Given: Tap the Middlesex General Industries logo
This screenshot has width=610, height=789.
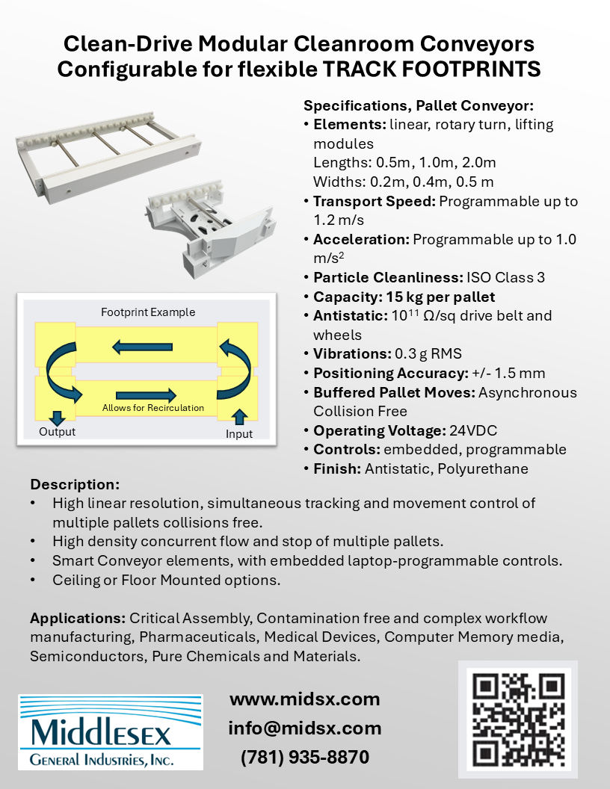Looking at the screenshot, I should (x=110, y=732).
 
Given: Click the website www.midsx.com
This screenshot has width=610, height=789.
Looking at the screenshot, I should (x=304, y=699).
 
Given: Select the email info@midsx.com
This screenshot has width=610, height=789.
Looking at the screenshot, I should (x=304, y=728).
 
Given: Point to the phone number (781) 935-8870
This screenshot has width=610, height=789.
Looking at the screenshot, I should (x=304, y=757).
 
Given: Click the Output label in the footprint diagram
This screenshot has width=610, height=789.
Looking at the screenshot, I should (x=57, y=432).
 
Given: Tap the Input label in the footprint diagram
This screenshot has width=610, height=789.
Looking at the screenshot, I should (x=238, y=433).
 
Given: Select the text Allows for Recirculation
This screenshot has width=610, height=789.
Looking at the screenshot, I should (x=153, y=408).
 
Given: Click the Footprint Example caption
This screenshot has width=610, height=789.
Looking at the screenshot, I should (x=148, y=312).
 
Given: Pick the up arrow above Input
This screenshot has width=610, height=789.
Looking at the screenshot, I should (x=239, y=416).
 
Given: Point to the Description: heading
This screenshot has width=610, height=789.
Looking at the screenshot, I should (x=75, y=484).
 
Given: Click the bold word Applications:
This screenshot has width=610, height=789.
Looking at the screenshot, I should (x=78, y=619).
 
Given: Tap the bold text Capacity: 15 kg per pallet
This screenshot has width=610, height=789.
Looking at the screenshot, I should (x=404, y=297).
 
